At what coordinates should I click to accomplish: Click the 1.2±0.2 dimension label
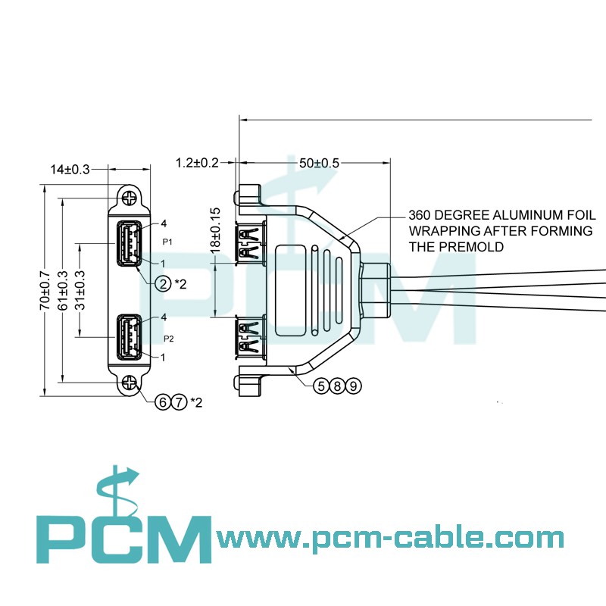(197, 163)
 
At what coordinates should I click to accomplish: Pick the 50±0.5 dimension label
(319, 163)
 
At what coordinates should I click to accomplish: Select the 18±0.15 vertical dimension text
(215, 230)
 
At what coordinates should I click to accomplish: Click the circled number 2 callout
(163, 284)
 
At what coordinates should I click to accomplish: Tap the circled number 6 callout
(162, 401)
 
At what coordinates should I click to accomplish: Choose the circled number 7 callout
(179, 401)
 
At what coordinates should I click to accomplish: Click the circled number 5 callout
(321, 386)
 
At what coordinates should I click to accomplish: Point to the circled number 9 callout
(353, 386)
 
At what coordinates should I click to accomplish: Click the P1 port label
(168, 242)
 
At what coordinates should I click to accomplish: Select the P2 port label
(168, 339)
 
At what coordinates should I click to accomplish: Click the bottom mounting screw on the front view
(130, 384)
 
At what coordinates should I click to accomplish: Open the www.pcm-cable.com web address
(390, 539)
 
